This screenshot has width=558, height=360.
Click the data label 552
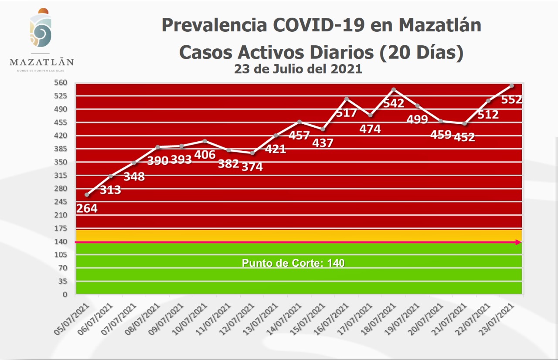click(511, 99)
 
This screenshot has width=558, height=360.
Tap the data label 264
click(87, 208)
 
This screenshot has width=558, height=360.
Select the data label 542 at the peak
click(393, 103)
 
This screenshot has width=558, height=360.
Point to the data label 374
click(252, 166)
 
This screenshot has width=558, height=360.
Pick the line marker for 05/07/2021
click(87, 195)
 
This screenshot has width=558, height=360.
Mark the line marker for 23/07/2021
click(512, 85)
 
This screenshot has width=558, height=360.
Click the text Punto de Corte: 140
click(293, 263)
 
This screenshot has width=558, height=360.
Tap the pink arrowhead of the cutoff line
click(518, 242)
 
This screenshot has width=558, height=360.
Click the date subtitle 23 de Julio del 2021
click(298, 69)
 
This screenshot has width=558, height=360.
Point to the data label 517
click(346, 112)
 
